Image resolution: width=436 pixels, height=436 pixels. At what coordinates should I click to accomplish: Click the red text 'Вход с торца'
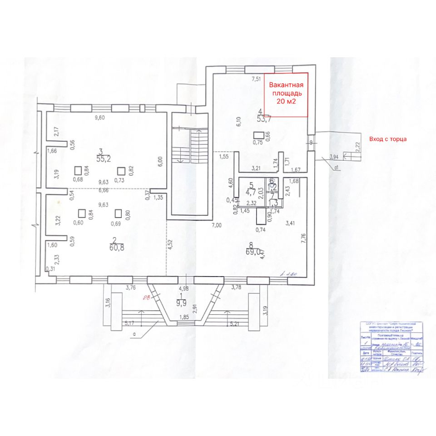point(388,139)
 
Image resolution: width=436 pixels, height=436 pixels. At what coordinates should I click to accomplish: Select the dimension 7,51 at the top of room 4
point(257,79)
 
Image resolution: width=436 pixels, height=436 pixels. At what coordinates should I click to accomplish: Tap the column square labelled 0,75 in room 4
point(258,135)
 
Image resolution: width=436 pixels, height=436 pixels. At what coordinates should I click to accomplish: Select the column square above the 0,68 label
point(78,171)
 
